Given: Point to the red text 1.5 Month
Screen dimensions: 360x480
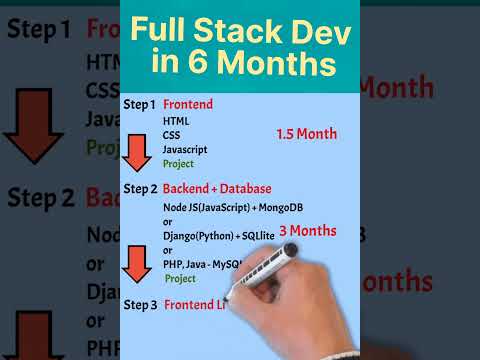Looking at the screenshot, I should click(x=307, y=134).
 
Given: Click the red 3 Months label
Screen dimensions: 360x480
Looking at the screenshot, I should click(x=308, y=231).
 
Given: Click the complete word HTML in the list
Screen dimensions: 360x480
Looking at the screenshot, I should click(x=175, y=120).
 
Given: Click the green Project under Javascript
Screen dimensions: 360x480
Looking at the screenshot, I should click(x=178, y=163).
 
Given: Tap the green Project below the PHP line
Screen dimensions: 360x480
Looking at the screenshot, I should click(x=180, y=279).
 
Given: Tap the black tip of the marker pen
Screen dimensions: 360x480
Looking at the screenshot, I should click(x=226, y=300).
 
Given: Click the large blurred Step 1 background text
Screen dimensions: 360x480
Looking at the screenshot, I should click(x=39, y=30).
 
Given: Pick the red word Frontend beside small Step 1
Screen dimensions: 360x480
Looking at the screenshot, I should click(x=187, y=104).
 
